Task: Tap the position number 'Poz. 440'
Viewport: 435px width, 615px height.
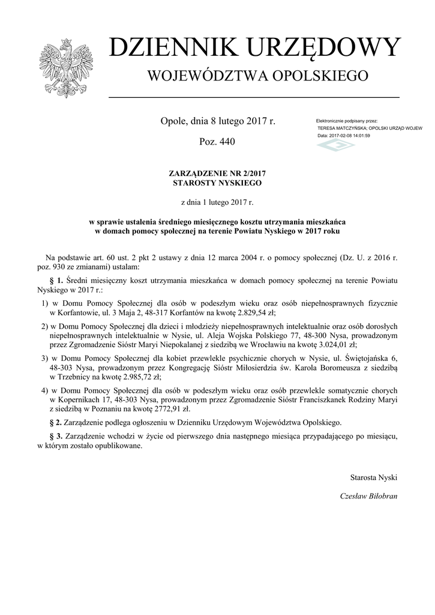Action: [217, 142]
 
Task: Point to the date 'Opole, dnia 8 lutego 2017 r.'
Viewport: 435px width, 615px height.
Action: [217, 121]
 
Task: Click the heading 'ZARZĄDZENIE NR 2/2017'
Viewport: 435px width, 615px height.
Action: [217, 173]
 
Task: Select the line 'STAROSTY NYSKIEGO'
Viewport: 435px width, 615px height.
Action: [217, 182]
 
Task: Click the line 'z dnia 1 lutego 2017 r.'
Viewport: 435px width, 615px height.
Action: [217, 203]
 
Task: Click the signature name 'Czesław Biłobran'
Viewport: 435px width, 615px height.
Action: [368, 496]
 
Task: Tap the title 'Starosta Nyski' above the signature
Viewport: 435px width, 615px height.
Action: [374, 477]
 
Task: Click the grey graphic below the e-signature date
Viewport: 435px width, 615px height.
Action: [335, 146]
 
